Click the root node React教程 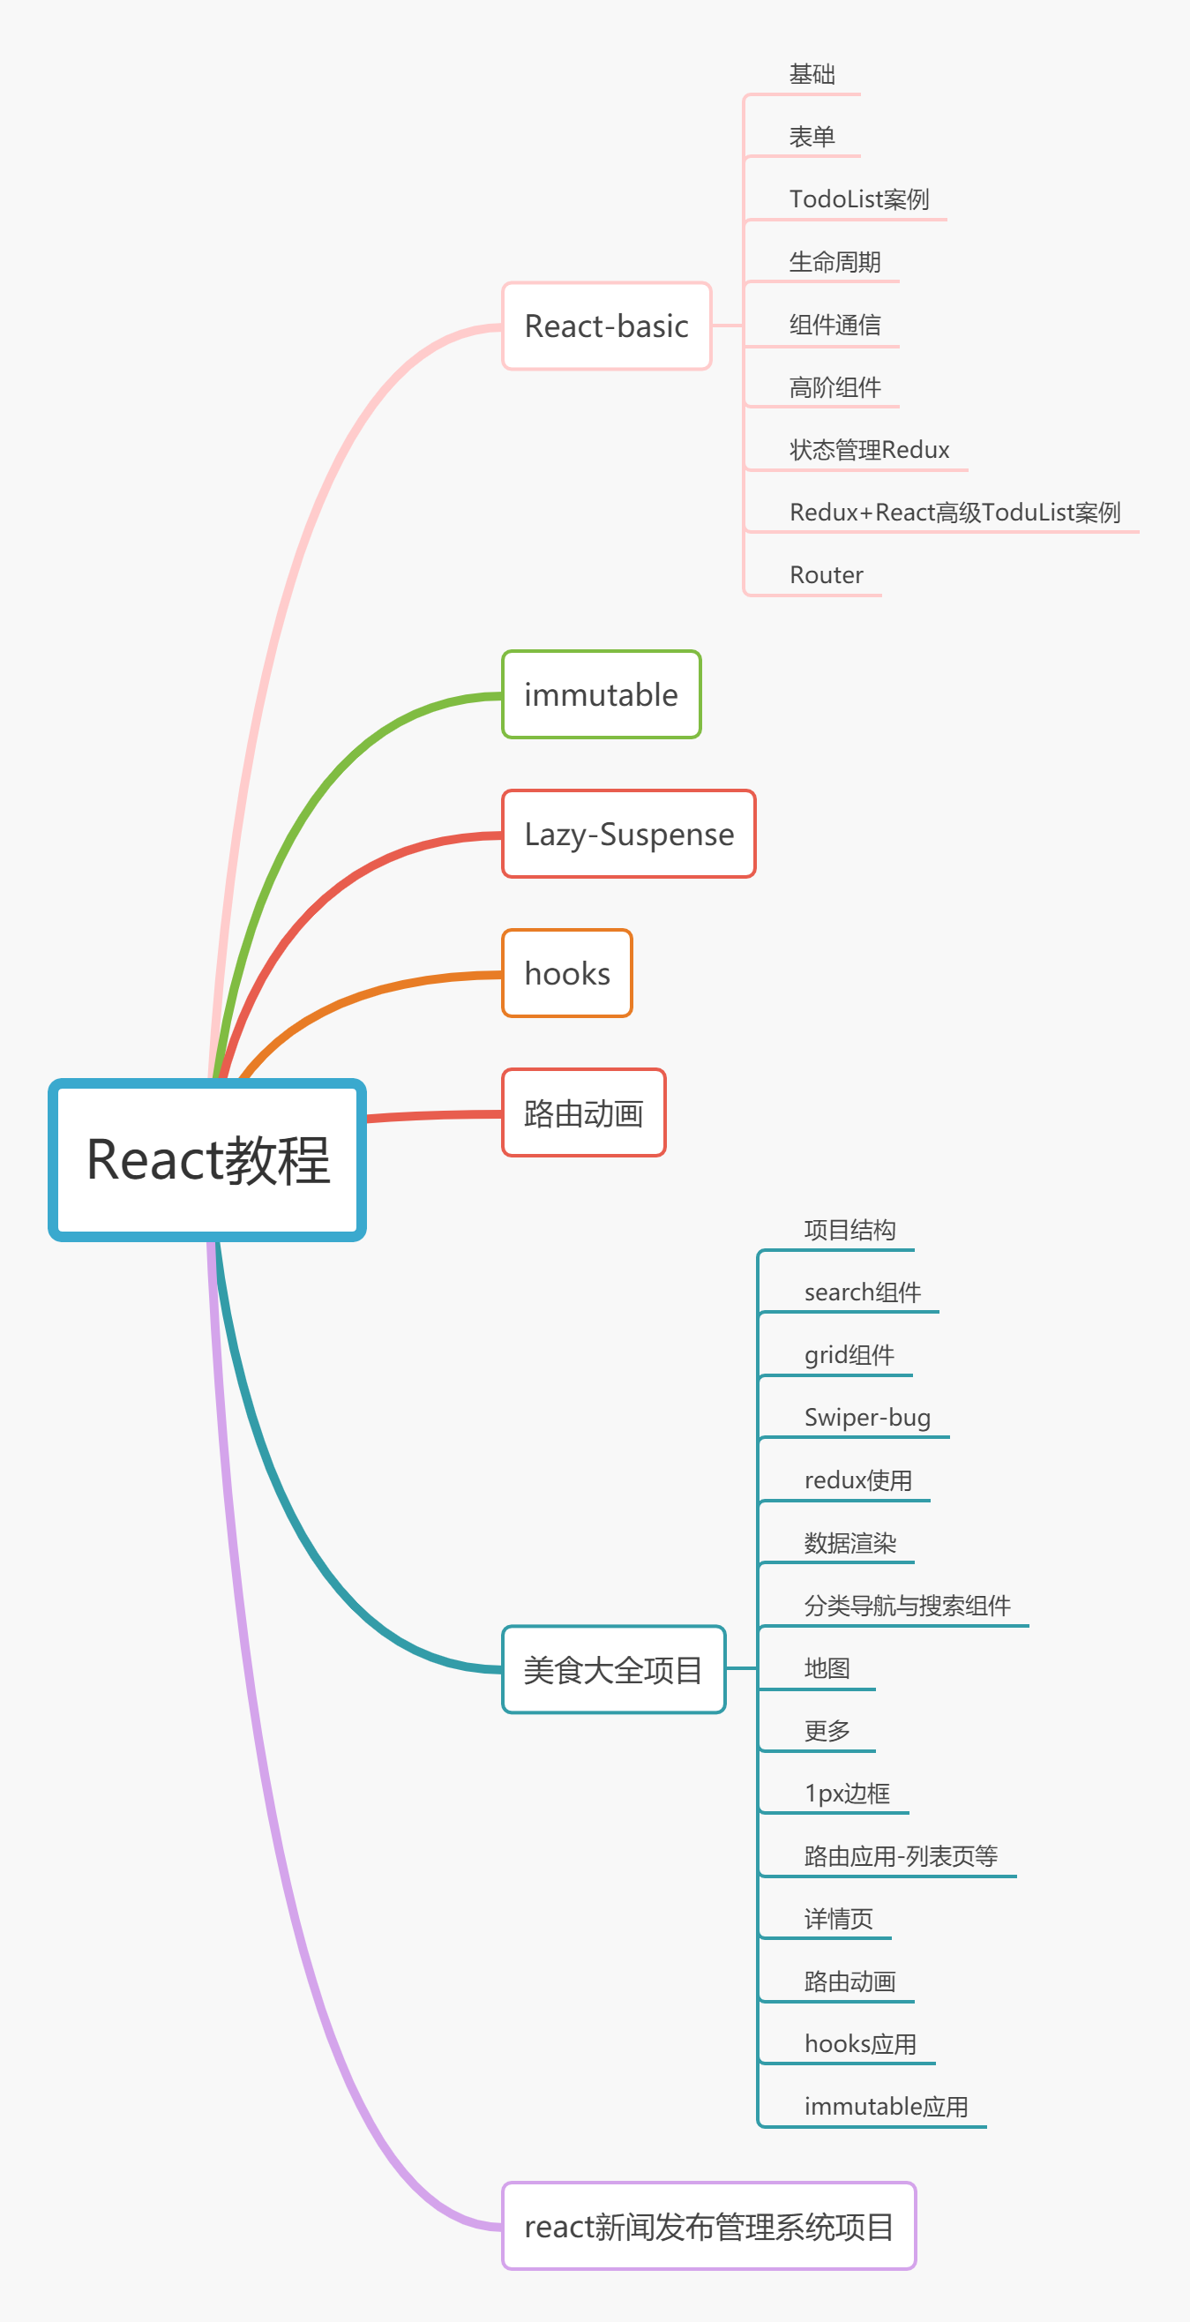(207, 1159)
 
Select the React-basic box (606, 326)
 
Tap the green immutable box (601, 695)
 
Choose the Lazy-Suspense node (628, 835)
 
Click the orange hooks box (567, 973)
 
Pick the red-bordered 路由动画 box (583, 1113)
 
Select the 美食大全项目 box (613, 1670)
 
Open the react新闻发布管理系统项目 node (708, 2227)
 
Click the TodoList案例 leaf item (858, 199)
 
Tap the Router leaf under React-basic (826, 575)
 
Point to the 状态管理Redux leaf (869, 450)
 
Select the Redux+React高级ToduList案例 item (954, 513)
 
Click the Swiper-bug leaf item (866, 1418)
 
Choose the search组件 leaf (862, 1292)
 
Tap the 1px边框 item (847, 1794)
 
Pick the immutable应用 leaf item (886, 2108)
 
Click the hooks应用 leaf (860, 2044)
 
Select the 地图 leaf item (827, 1668)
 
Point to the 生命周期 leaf (834, 262)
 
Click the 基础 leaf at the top (812, 74)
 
